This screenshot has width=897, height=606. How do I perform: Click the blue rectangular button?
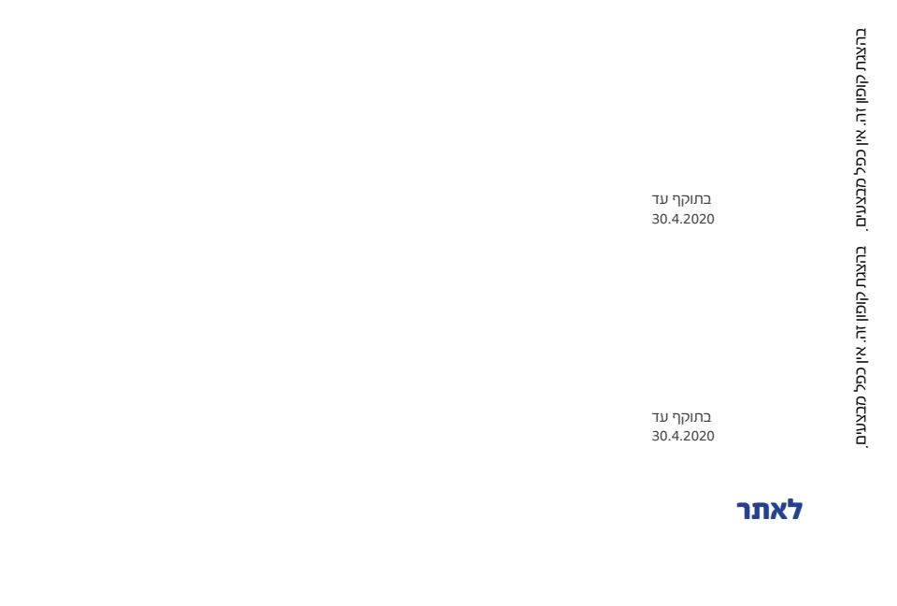coord(769,510)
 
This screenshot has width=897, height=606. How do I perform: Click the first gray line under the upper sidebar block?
coord(681,199)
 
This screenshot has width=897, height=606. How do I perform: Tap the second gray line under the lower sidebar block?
coord(683,435)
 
